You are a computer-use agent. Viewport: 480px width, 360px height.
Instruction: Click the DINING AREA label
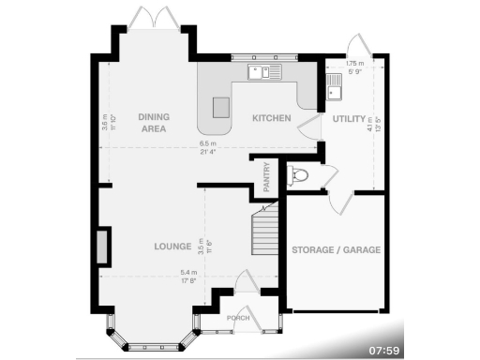click(x=152, y=122)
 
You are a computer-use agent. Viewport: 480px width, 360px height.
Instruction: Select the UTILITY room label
click(x=347, y=118)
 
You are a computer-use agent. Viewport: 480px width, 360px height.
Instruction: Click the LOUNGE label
click(x=173, y=247)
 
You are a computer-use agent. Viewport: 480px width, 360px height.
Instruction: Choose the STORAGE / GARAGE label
click(x=335, y=250)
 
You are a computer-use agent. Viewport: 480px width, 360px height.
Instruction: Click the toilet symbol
click(x=299, y=174)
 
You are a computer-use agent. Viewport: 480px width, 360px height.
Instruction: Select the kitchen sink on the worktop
click(x=260, y=71)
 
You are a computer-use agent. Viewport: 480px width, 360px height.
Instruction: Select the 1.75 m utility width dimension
click(x=354, y=67)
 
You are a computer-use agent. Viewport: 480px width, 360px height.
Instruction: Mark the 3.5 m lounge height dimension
click(x=201, y=247)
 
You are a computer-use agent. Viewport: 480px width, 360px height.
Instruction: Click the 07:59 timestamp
click(x=384, y=350)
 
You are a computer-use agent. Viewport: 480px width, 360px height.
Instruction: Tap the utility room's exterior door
click(x=357, y=47)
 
